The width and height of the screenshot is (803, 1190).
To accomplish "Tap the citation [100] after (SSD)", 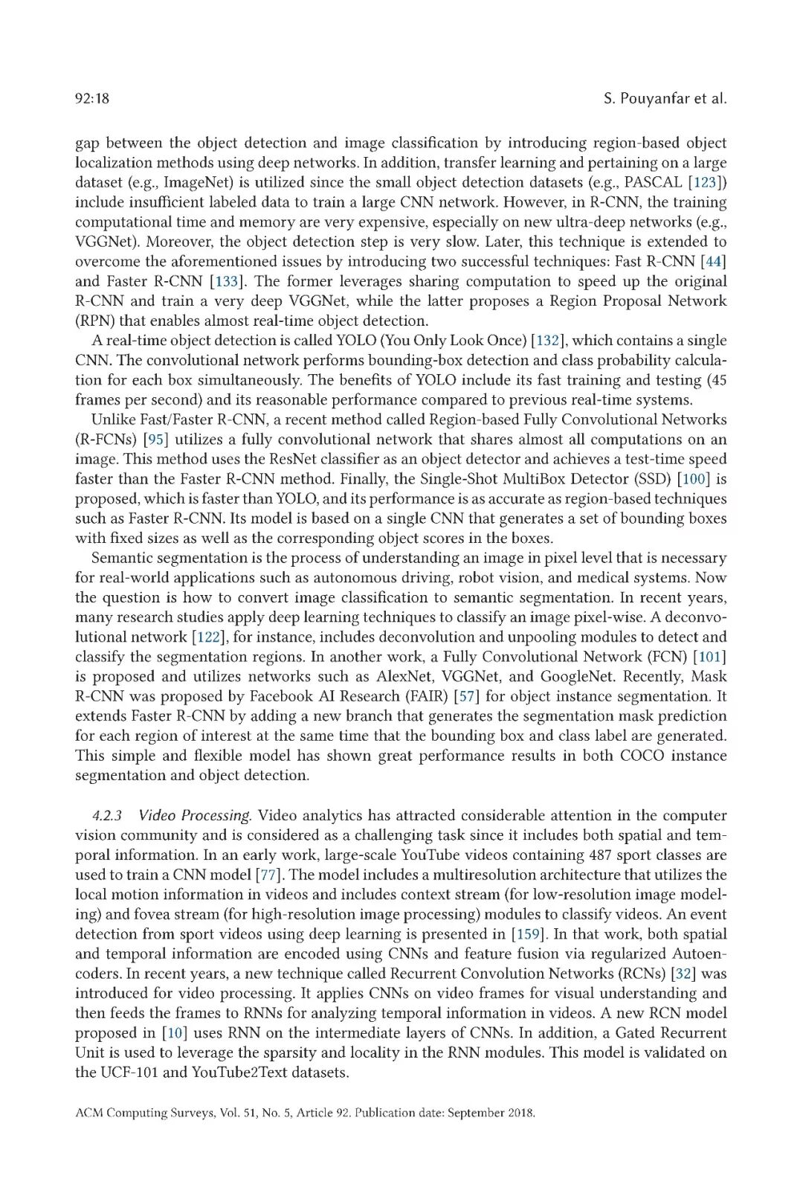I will (x=693, y=479).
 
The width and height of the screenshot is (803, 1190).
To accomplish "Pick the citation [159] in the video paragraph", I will (x=526, y=934).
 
